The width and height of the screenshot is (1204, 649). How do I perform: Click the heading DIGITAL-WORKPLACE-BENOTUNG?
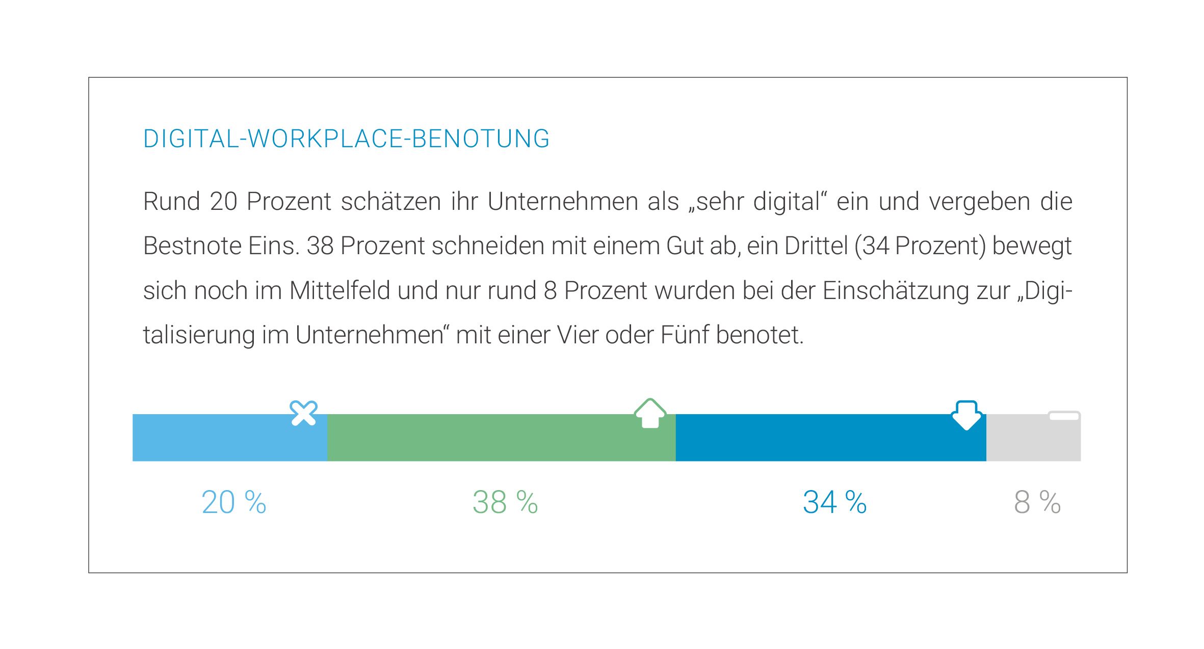pyautogui.click(x=346, y=139)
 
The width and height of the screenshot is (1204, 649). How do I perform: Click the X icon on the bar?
pyautogui.click(x=303, y=413)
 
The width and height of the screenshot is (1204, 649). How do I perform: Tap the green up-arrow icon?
pyautogui.click(x=650, y=413)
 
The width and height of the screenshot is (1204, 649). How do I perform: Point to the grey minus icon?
pyautogui.click(x=1064, y=416)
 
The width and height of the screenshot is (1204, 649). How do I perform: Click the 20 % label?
pyautogui.click(x=234, y=502)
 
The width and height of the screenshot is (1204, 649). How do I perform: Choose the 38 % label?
pyautogui.click(x=505, y=502)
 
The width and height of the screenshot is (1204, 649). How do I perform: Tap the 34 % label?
pyautogui.click(x=834, y=502)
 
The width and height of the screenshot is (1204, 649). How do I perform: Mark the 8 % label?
pyautogui.click(x=1037, y=502)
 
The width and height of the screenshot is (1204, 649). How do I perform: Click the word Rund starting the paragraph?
pyautogui.click(x=171, y=202)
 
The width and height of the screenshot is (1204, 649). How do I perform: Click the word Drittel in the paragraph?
pyautogui.click(x=816, y=246)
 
